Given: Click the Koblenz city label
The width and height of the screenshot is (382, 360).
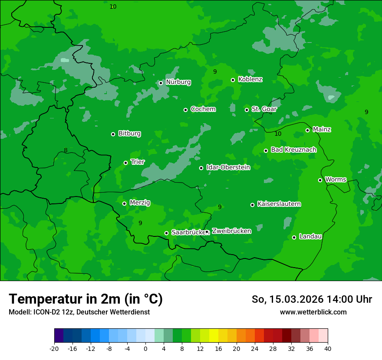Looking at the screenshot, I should tap(250, 79).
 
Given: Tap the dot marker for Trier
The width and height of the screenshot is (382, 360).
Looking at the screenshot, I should tap(125, 163).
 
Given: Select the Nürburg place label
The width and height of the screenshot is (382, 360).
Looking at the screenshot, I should tap(178, 82).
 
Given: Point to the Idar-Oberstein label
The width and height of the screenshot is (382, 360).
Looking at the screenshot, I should tap(228, 167).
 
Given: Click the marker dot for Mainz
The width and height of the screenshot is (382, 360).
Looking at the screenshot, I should tap(307, 130).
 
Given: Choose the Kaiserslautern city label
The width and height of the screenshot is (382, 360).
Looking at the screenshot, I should tap(279, 204).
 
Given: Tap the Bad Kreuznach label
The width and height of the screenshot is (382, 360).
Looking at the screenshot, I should tap(293, 150).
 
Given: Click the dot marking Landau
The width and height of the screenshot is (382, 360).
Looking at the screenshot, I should tap(294, 237).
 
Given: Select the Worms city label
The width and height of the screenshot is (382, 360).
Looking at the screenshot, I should tap(335, 180).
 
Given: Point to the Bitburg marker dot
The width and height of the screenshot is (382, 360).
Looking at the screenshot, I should tap(113, 134).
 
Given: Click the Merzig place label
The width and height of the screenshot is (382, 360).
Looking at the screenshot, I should tap(140, 203).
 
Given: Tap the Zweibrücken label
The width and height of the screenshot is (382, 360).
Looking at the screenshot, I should tap(231, 231).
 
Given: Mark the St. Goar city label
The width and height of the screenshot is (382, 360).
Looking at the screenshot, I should tap(264, 109).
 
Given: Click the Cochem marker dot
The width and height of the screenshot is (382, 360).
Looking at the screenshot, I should tap(185, 110).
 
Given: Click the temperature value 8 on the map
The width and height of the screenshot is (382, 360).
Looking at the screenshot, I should tap(66, 151).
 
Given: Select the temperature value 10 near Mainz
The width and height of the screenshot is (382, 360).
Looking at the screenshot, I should tap(278, 134).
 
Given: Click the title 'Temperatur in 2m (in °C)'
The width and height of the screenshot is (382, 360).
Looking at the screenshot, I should tap(86, 299).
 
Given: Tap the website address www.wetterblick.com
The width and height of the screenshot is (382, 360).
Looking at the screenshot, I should tap(313, 312).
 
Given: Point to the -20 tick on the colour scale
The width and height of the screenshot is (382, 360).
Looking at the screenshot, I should tap(54, 348).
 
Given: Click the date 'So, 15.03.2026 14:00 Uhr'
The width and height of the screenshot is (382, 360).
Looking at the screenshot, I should tap(312, 299).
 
